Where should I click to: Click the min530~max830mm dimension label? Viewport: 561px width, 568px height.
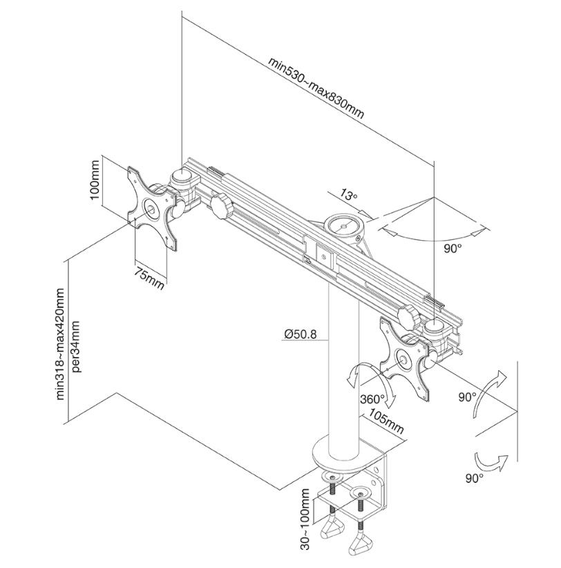(316, 88)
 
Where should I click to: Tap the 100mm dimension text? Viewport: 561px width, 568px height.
(95, 180)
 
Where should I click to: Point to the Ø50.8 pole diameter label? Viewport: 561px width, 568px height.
(301, 333)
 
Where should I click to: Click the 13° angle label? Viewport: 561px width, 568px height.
(348, 195)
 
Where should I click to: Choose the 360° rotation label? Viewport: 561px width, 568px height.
(372, 398)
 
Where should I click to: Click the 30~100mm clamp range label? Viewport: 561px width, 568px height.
(305, 520)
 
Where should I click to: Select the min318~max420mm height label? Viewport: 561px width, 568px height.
(60, 344)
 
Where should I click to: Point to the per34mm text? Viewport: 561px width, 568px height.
(77, 347)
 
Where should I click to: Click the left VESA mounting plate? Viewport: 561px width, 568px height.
(152, 208)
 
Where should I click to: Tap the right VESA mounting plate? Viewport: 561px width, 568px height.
(405, 358)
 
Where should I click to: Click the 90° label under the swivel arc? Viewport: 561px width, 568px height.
(453, 249)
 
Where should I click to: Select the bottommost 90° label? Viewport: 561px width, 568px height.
(474, 478)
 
